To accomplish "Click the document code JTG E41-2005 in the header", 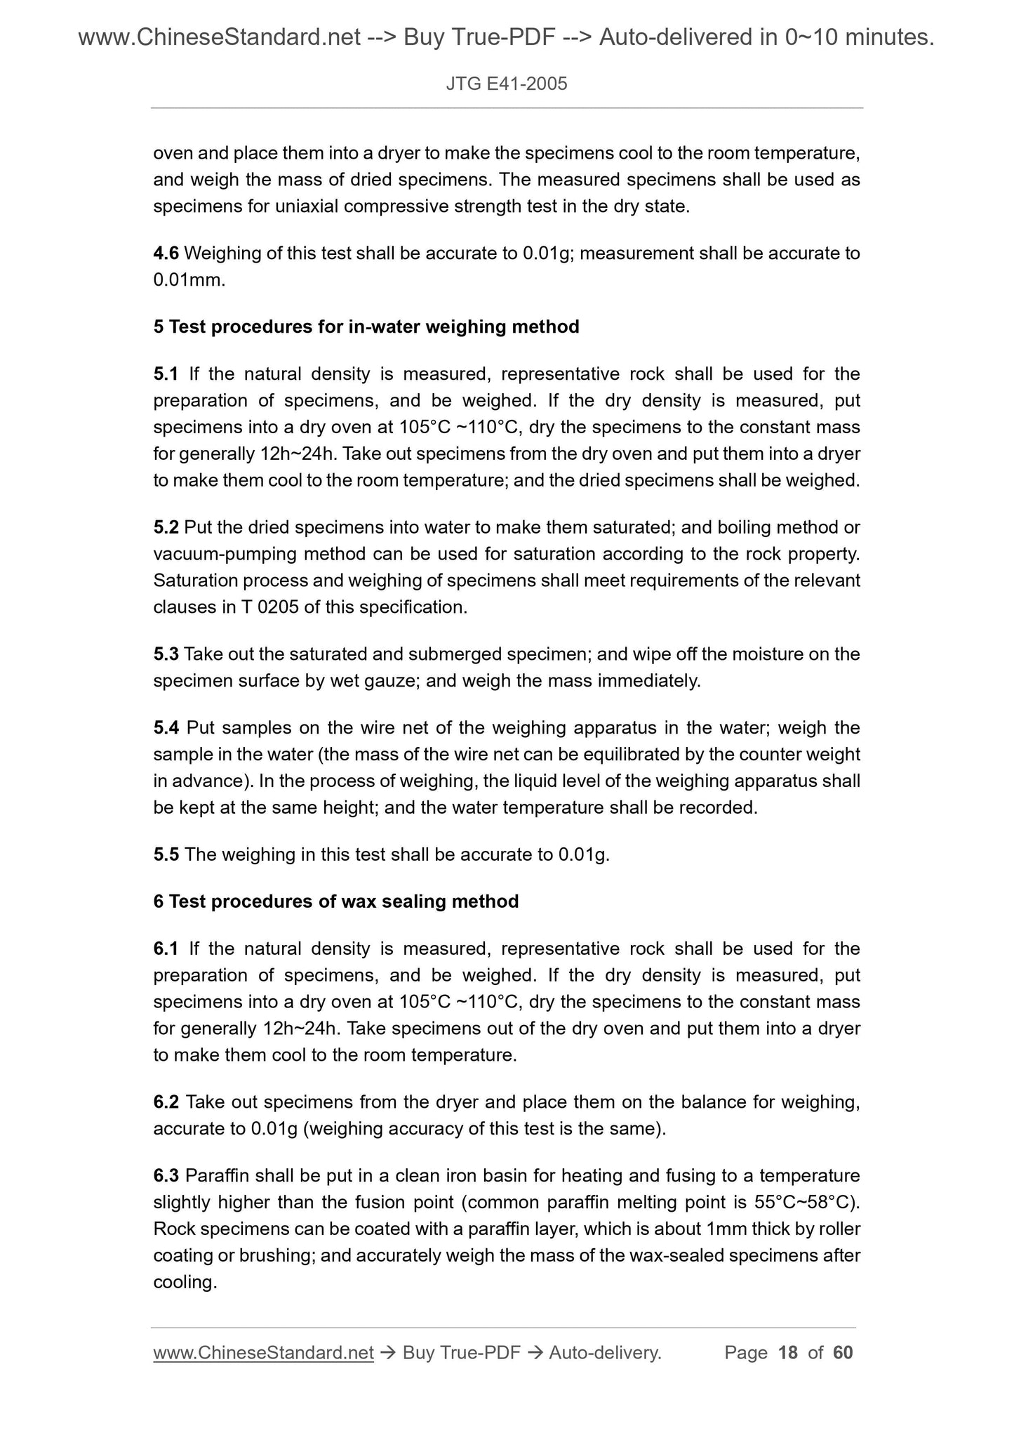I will point(506,85).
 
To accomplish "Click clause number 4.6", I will point(166,253).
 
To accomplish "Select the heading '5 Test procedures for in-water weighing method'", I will point(366,327).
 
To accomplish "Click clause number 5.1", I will point(166,374).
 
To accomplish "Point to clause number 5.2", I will point(166,528).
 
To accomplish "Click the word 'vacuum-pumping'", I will point(225,555).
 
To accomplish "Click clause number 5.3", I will point(166,655).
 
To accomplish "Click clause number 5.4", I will point(166,728).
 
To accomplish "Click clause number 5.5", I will point(166,855).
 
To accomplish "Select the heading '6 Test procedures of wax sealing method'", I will point(335,902).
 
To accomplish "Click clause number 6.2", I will point(166,1103).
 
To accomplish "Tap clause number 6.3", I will point(166,1176).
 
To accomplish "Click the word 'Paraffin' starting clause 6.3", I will point(214,1176).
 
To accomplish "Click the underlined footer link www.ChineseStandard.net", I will point(263,1353).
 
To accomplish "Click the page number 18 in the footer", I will point(788,1353).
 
